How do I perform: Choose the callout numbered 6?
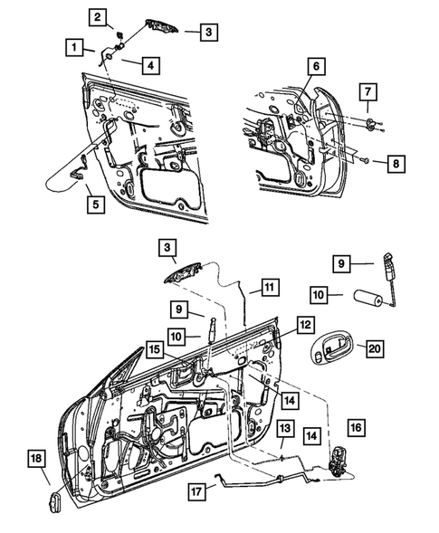(316, 66)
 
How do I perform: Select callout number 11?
(268, 289)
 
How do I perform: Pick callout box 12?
(305, 323)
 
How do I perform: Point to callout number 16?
(354, 427)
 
